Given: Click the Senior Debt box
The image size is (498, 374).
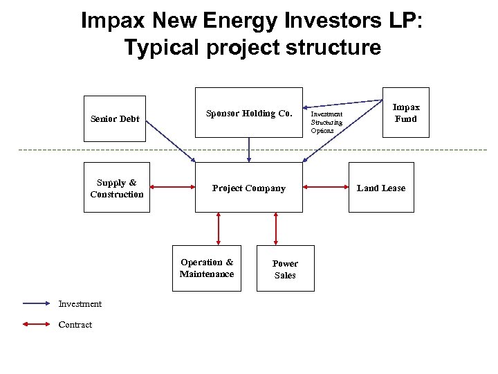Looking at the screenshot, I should (x=115, y=118).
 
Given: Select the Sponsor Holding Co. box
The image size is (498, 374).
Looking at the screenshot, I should (x=249, y=113).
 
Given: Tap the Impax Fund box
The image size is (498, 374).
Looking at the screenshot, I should (x=406, y=112).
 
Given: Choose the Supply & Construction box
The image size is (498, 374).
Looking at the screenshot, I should (x=116, y=188).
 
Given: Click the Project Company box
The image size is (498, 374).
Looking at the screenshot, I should (x=249, y=188).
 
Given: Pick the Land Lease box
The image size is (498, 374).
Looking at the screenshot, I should (x=381, y=188).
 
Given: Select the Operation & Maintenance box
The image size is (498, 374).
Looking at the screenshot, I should (x=207, y=268).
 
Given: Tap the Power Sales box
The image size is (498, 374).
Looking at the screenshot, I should (x=285, y=269).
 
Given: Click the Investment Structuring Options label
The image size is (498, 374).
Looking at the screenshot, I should (x=326, y=122).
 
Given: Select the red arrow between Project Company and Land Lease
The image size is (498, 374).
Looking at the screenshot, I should (x=326, y=186).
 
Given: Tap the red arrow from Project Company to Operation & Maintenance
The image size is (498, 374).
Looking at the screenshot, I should (x=219, y=229).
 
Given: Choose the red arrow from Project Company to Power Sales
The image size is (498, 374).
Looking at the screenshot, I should (x=276, y=229).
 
